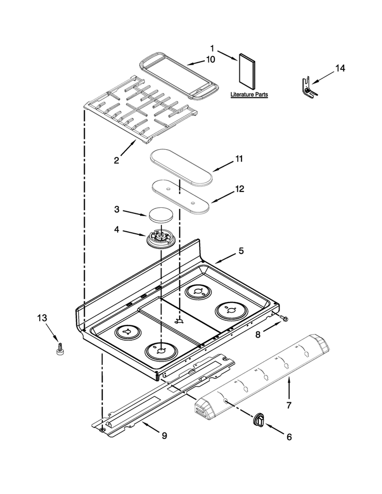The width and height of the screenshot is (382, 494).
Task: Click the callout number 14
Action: pyautogui.click(x=340, y=68)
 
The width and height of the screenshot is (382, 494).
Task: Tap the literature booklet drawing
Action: pyautogui.click(x=247, y=71)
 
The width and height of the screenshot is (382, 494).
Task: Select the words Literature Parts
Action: pyautogui.click(x=249, y=94)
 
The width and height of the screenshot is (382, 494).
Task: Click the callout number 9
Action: pyautogui.click(x=164, y=436)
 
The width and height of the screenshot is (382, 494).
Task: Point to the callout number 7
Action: pyautogui.click(x=289, y=405)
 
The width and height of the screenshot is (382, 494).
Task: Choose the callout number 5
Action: pyautogui.click(x=241, y=251)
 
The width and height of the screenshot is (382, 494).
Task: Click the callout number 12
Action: pyautogui.click(x=239, y=189)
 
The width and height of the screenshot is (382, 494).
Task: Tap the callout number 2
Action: pyautogui.click(x=117, y=160)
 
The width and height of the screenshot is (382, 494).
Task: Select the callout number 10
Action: pyautogui.click(x=210, y=59)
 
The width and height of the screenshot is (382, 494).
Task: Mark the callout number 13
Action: pyautogui.click(x=42, y=318)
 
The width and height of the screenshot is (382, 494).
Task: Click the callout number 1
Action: pyautogui.click(x=212, y=48)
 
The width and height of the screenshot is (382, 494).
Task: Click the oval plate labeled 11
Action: pyautogui.click(x=181, y=167)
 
